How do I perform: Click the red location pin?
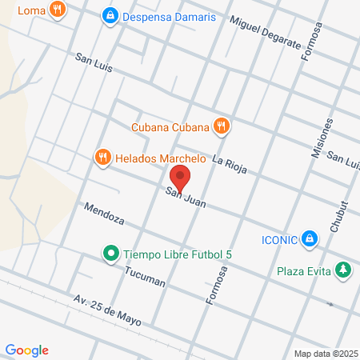tap(180, 178)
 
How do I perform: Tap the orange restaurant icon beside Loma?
tap(56, 10)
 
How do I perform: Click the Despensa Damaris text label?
tap(170, 16)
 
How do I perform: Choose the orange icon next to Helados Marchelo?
tap(102, 157)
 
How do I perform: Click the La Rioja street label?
tap(230, 163)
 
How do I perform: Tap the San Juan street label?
tap(186, 198)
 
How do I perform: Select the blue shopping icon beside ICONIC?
tap(312, 238)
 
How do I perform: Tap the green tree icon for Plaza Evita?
tap(344, 270)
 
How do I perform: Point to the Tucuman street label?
tap(144, 277)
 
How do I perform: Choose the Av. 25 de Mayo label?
tap(107, 309)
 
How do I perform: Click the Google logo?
tap(27, 350)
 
